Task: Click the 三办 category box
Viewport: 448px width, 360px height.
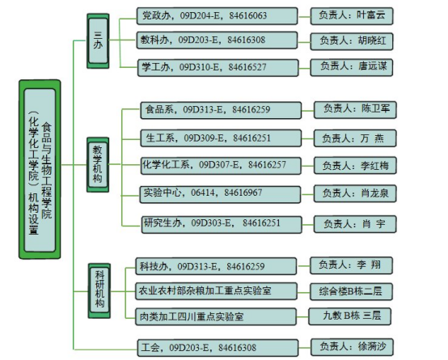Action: click(x=98, y=41)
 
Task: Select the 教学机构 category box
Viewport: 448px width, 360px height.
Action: click(x=98, y=164)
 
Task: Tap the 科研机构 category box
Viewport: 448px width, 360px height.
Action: click(x=99, y=290)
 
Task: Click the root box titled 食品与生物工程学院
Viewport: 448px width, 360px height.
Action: click(x=40, y=169)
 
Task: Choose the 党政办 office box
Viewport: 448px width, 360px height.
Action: click(x=218, y=16)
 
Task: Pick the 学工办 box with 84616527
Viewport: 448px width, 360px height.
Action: click(x=218, y=68)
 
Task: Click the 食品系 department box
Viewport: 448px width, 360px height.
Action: click(x=221, y=110)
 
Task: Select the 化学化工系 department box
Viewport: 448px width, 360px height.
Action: click(x=221, y=166)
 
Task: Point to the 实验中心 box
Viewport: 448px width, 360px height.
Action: click(x=220, y=194)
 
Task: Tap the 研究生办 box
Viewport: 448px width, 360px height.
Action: click(x=222, y=224)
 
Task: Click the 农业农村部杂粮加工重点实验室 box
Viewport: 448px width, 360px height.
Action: click(x=216, y=291)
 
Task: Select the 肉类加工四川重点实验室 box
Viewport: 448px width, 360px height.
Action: click(x=216, y=316)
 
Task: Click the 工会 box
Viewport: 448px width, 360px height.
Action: click(x=218, y=348)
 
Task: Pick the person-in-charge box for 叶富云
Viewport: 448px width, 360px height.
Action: click(x=352, y=16)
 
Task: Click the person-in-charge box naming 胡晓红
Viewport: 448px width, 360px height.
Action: click(x=352, y=41)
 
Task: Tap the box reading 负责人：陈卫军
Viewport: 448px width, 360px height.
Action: click(x=355, y=109)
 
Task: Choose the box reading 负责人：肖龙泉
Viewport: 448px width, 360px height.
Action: click(x=355, y=194)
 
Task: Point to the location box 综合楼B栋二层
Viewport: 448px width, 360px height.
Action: click(x=352, y=292)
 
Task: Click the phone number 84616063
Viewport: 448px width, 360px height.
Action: click(x=248, y=15)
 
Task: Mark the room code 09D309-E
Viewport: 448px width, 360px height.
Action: click(x=204, y=138)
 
